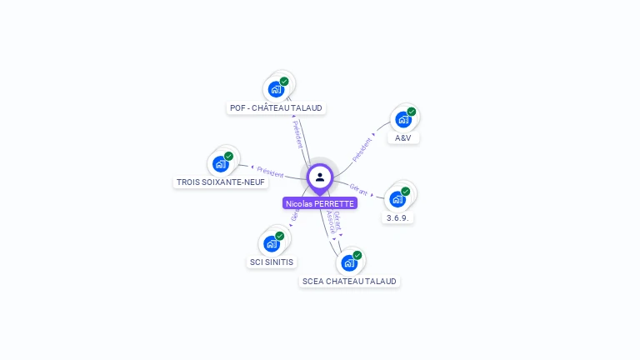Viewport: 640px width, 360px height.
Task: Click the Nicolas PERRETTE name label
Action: click(x=320, y=203)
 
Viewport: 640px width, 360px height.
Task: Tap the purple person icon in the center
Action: click(x=320, y=177)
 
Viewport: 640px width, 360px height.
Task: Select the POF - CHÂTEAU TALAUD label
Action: click(x=277, y=107)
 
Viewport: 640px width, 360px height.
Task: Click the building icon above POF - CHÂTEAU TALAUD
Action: click(x=276, y=89)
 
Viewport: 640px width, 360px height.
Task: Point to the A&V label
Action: click(x=403, y=137)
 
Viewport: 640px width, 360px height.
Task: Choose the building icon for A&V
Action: click(x=403, y=119)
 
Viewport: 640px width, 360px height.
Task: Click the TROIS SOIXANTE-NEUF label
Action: click(x=221, y=182)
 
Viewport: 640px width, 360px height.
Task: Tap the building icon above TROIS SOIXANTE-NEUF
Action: click(x=221, y=163)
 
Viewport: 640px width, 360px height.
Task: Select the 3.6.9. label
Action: click(x=399, y=217)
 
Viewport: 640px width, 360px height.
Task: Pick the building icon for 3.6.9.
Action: click(x=398, y=199)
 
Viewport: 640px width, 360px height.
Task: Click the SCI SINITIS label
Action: click(x=272, y=262)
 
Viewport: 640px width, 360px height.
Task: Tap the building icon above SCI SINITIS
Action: click(x=272, y=243)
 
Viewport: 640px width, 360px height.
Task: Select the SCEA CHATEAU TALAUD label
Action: click(x=350, y=281)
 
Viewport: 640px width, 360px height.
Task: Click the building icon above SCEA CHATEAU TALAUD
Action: click(x=349, y=262)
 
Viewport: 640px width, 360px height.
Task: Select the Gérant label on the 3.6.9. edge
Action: click(x=359, y=189)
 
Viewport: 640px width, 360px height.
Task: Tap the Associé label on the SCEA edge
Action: click(x=331, y=220)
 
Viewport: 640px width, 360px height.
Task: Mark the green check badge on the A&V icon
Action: click(x=412, y=112)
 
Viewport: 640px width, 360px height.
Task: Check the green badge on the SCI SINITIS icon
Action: click(x=280, y=236)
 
